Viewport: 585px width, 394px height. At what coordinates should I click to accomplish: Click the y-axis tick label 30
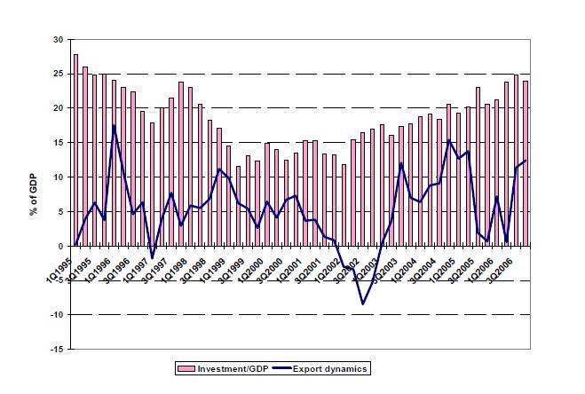[x=58, y=40]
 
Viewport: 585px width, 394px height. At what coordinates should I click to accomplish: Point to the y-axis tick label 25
[x=58, y=75]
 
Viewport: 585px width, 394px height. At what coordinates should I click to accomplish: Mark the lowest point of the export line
[x=362, y=304]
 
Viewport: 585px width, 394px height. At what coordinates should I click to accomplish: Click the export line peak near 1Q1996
[x=114, y=125]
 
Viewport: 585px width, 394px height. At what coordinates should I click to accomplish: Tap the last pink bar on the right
[x=525, y=163]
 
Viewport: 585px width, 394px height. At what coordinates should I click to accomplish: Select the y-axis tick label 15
[x=58, y=143]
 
